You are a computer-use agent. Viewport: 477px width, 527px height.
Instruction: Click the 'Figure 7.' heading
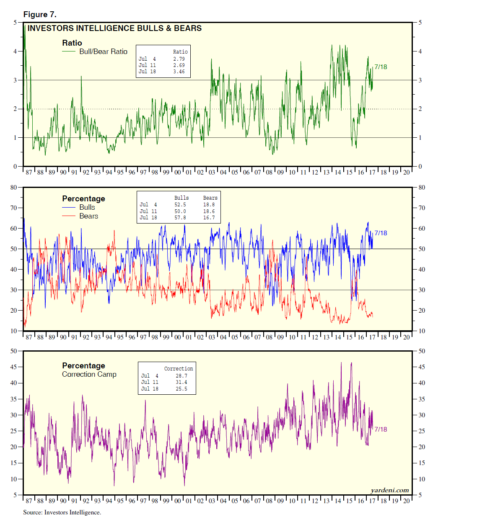pos(40,15)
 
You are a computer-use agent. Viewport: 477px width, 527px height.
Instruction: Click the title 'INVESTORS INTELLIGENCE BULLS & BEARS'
pos(114,28)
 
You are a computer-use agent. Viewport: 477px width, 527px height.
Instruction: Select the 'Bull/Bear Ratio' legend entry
pos(103,51)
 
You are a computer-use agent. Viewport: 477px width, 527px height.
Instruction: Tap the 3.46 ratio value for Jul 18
pos(179,72)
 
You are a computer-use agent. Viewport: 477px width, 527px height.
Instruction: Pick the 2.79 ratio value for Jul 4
pos(179,59)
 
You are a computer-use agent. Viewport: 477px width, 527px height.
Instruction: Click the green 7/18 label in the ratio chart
pos(381,67)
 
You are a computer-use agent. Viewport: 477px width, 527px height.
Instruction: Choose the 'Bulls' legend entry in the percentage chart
pos(87,207)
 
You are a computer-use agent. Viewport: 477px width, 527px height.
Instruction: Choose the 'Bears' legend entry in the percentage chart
pos(88,216)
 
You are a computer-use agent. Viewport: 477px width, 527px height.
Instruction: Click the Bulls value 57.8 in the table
pos(180,218)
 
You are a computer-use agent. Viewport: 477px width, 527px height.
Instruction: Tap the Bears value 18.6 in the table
pos(209,211)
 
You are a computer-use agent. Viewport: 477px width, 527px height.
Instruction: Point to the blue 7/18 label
pos(381,233)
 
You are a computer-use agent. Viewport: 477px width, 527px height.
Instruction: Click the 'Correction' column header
pos(179,369)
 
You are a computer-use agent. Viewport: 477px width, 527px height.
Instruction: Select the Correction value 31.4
pos(181,382)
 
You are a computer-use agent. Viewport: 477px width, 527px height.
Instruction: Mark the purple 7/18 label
pos(381,429)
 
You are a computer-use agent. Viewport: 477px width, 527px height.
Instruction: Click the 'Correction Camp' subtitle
pos(89,374)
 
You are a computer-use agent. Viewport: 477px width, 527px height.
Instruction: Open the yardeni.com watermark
pos(390,490)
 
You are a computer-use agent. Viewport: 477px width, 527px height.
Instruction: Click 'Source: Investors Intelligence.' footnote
pos(62,512)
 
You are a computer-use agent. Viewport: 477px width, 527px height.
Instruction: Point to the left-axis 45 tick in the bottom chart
pos(14,367)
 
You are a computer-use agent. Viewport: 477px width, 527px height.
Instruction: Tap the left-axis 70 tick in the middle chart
pos(14,208)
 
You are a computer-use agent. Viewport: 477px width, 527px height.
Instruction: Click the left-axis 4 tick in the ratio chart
pos(15,51)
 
